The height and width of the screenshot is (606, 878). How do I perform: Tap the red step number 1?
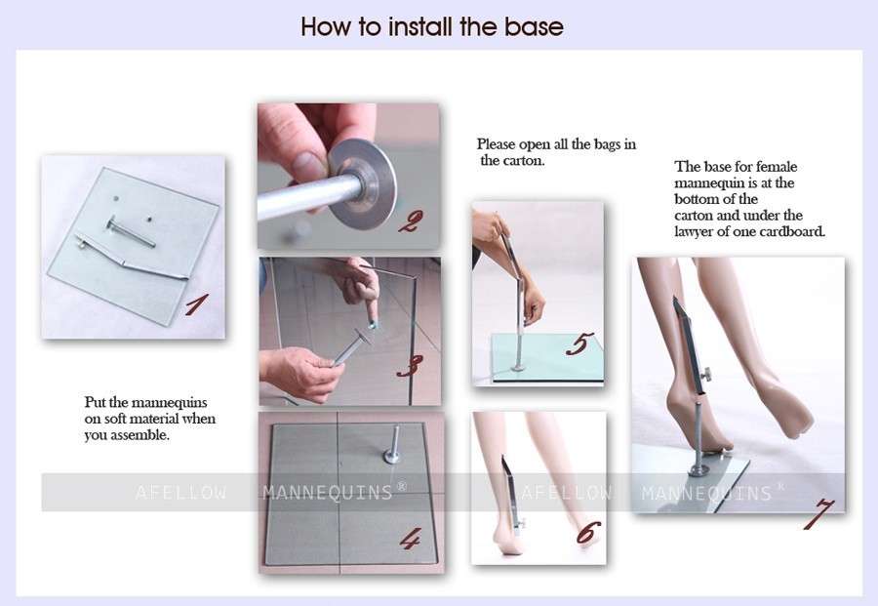197,304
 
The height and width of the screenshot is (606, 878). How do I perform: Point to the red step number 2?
411,222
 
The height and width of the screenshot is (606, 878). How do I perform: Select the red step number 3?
410,366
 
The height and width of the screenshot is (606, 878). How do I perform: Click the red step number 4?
410,539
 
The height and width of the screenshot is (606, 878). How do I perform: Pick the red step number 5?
579,343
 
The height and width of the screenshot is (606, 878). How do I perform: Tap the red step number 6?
588,533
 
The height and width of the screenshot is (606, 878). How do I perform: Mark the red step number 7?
818,513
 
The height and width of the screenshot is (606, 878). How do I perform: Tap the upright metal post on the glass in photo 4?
394,444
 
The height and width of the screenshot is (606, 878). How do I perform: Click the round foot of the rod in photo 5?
519,368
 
